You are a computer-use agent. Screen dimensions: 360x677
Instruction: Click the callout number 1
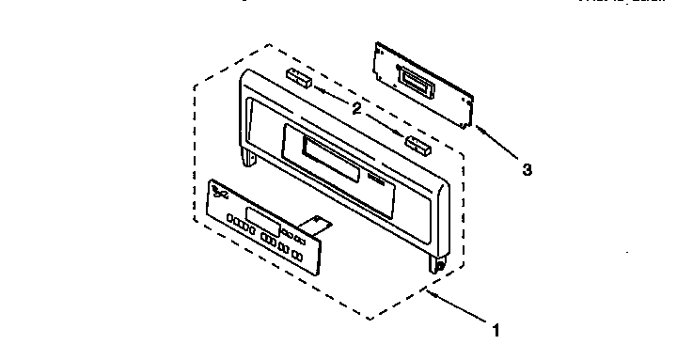[495, 330]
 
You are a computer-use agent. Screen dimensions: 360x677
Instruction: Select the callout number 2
[357, 109]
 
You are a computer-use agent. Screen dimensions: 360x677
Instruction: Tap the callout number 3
[527, 170]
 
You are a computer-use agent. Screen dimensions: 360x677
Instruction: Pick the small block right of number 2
[417, 145]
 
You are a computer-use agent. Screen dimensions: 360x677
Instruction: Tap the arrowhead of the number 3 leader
[479, 128]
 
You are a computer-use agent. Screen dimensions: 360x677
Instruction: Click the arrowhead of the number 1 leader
[428, 292]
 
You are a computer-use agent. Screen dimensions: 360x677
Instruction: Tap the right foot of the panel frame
[438, 265]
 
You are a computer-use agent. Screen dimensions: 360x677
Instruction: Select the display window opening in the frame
[329, 156]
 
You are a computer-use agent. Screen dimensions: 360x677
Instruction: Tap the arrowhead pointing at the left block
[318, 89]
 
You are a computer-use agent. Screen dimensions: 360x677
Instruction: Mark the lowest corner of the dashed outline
[370, 317]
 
